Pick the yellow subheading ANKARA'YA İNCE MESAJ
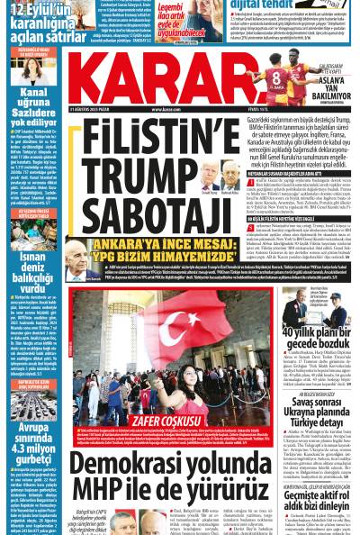tap(151, 247)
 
